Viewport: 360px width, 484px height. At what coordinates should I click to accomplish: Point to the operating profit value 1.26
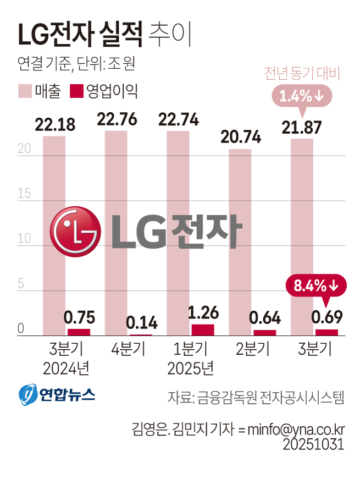[x=202, y=313]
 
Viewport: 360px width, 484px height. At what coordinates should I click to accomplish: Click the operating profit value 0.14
[x=141, y=322]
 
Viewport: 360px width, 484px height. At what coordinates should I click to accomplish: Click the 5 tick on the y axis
[x=21, y=284]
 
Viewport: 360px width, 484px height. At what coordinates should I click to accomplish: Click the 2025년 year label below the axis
[x=190, y=367]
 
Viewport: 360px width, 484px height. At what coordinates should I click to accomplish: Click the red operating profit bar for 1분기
[x=203, y=329]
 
